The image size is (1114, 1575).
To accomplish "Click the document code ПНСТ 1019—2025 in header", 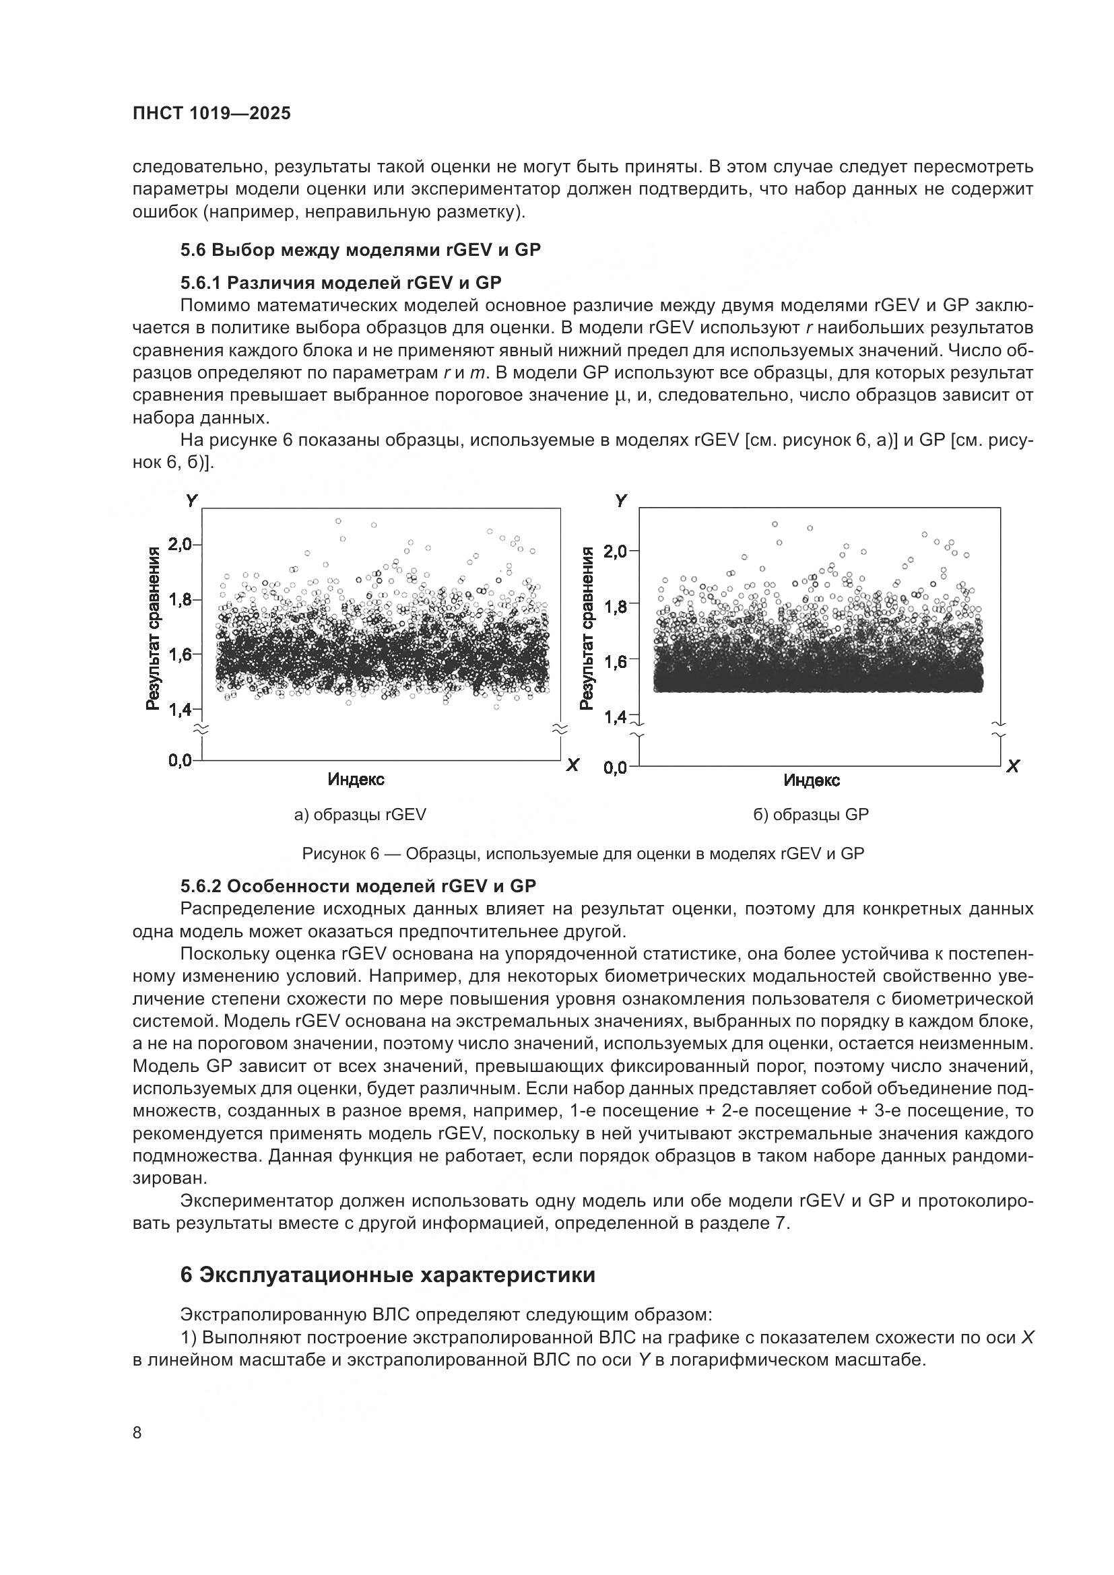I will point(211,113).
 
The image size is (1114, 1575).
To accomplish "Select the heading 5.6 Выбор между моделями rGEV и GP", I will point(360,250).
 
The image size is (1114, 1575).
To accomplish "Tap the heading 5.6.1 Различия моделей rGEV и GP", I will point(340,283).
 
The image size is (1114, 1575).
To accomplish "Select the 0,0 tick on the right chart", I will point(616,768).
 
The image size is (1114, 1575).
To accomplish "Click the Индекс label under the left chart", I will point(356,779).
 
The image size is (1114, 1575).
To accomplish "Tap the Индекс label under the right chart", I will point(812,780).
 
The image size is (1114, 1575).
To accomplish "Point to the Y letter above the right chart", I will point(621,501).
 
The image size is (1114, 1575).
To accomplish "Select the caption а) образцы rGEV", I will point(360,815).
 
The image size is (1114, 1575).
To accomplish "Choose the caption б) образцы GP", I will point(811,815).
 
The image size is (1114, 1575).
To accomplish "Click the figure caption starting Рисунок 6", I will point(583,854).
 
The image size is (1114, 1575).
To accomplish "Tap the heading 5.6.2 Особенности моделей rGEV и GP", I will point(358,886).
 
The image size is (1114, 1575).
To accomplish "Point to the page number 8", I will point(137,1433).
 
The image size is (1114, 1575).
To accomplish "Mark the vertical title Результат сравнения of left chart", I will point(155,628).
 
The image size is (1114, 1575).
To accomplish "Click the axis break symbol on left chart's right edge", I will point(560,729).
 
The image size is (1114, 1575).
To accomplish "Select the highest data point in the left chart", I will point(338,521).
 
